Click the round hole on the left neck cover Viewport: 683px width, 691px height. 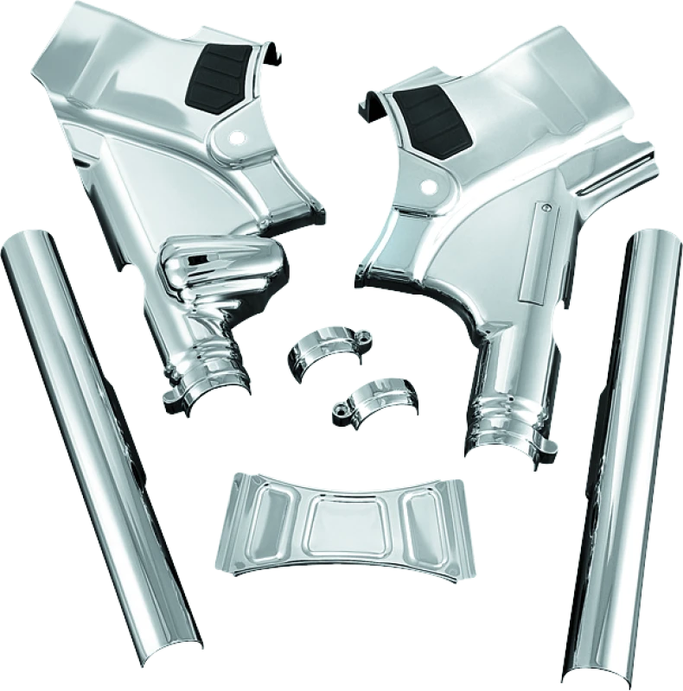tap(237, 136)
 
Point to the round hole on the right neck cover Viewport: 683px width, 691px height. tap(427, 186)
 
